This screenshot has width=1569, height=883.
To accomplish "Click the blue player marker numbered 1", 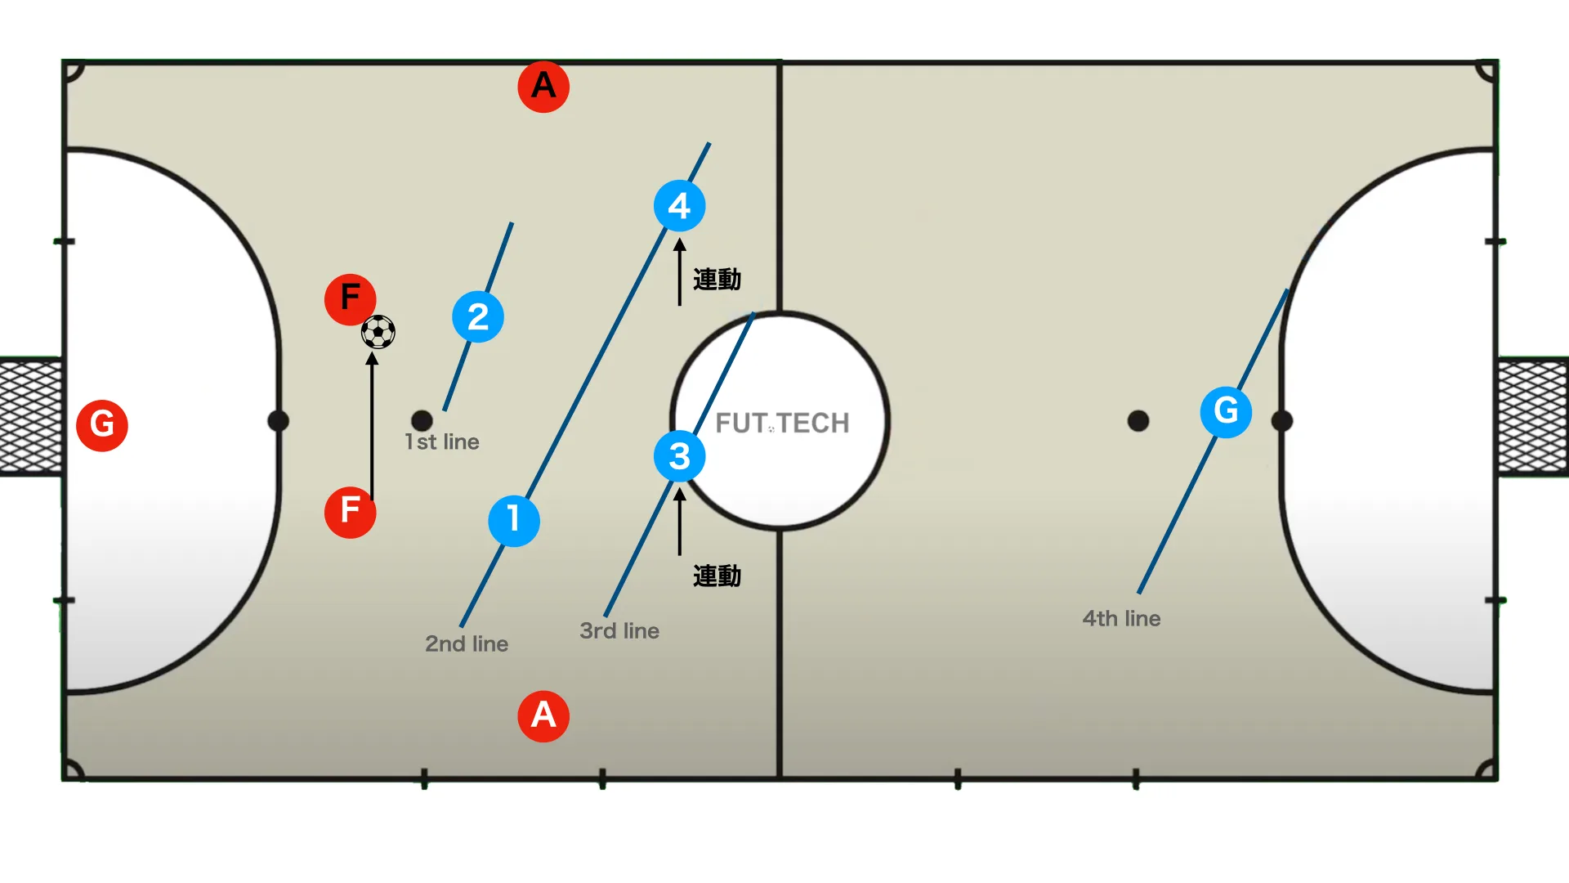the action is pos(514,520).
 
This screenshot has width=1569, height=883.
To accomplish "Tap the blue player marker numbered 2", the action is pos(478,316).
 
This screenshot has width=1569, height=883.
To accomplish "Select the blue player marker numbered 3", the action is pos(680,456).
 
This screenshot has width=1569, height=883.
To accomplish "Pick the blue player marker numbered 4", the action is pos(680,205).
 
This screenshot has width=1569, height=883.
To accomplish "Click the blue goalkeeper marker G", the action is pos(1226,411).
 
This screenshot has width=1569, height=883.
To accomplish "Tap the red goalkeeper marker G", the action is pos(102,425).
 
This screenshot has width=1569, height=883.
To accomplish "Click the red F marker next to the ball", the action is pos(351,299).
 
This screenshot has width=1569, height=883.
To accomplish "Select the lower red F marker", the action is pos(351,512).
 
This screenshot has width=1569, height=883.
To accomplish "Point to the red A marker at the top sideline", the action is pos(543,86).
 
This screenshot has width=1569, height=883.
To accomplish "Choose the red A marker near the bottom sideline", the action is pos(543,716).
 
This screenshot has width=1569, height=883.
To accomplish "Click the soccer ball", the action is pos(378,332).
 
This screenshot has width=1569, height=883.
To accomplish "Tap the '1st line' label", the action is pos(442,441).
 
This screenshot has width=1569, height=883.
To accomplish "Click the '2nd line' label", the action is pos(467,643).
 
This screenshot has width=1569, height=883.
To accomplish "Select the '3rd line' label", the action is pos(619,630).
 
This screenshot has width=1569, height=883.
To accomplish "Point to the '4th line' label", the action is pos(1121,618).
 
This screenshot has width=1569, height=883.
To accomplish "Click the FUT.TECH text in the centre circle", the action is pos(783,423).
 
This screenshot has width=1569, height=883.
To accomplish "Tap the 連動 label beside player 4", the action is pos(717,280).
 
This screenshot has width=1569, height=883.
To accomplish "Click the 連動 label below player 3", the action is pos(717,576).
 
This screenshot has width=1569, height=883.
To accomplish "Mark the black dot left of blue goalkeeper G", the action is pos(1138,421).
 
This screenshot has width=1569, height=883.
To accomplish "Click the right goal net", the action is pos(1533,416).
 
